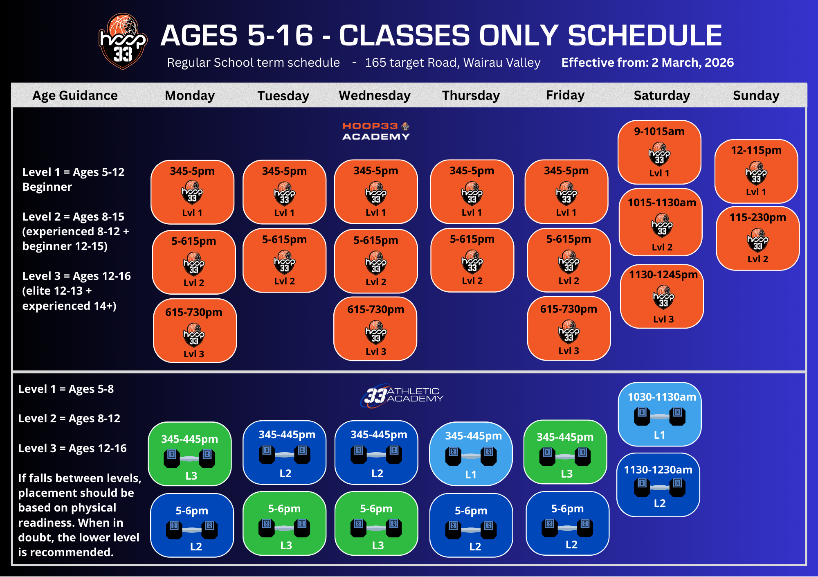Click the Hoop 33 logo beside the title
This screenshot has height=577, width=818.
(x=123, y=41)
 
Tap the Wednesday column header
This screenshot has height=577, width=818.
(x=375, y=95)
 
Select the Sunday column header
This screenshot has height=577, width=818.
(x=756, y=95)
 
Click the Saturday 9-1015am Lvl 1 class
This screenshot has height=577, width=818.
(x=659, y=152)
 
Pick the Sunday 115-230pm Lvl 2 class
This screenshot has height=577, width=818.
(x=757, y=239)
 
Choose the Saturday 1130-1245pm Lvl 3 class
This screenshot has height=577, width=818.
(x=662, y=297)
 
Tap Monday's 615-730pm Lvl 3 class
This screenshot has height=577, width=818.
(x=195, y=331)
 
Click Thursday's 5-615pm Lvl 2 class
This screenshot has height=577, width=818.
(x=472, y=260)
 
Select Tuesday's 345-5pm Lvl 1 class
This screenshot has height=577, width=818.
(x=285, y=192)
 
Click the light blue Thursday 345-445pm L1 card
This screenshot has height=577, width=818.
(x=471, y=454)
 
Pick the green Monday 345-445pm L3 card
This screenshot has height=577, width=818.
(x=190, y=454)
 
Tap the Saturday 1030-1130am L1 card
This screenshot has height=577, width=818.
(x=660, y=414)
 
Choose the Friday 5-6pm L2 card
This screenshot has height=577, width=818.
(x=568, y=523)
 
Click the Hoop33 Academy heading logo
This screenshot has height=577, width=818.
(x=376, y=131)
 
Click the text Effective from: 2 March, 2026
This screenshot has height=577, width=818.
(x=647, y=63)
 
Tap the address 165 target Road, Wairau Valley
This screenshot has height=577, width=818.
(x=453, y=63)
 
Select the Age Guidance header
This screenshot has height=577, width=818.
(x=75, y=95)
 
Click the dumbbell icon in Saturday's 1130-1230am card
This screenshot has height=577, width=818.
(x=660, y=487)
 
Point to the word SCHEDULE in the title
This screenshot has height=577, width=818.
(x=645, y=35)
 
